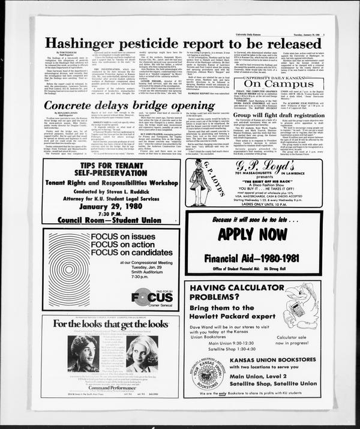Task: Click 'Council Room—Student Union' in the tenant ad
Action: pos(112,220)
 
